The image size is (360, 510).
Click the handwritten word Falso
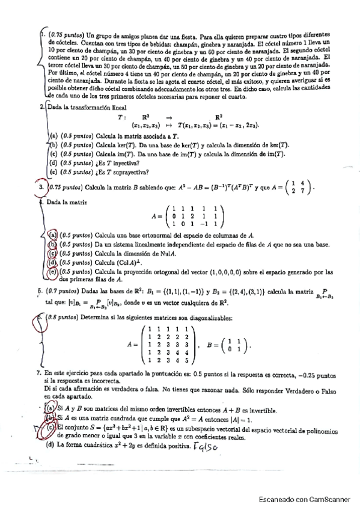tap(206, 446)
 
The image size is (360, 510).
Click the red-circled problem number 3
tap(41, 188)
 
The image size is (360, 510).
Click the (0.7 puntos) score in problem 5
tap(58, 289)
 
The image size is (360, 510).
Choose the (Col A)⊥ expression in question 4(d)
tap(137, 262)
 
